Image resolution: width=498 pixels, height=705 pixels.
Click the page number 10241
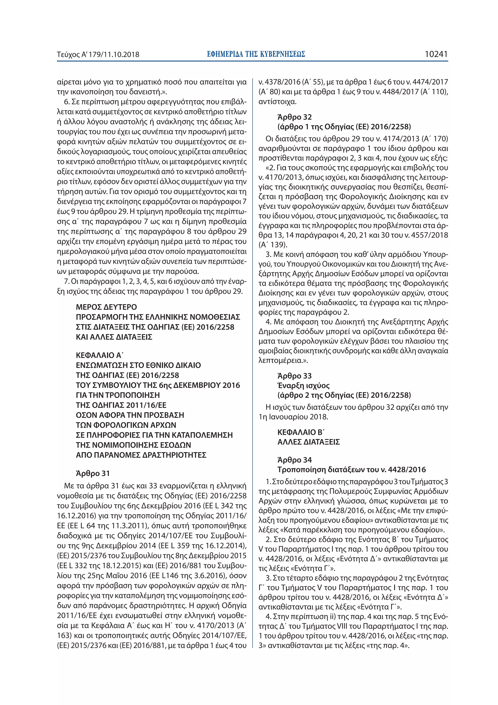(436, 54)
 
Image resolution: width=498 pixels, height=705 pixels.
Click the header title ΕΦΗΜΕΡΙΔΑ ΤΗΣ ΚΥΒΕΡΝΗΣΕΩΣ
(256, 54)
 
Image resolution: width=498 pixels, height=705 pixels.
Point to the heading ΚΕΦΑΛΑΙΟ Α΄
(99, 355)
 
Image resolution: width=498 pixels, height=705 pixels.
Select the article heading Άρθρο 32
(294, 117)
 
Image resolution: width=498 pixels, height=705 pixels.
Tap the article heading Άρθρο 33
(294, 376)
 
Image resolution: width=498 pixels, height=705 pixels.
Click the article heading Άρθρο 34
(294, 460)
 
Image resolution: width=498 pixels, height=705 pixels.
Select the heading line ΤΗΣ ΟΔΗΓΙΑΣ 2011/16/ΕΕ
(121, 405)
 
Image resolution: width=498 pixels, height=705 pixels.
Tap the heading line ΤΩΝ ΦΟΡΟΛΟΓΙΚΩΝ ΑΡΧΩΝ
(126, 425)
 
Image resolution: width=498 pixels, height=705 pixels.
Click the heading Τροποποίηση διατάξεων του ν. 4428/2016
(351, 469)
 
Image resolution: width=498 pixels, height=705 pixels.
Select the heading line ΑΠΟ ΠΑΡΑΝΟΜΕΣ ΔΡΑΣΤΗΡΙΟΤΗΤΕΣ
(141, 455)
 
